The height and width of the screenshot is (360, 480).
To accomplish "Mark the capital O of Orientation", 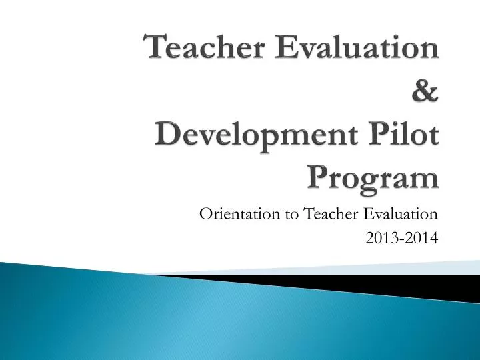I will pyautogui.click(x=205, y=214).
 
